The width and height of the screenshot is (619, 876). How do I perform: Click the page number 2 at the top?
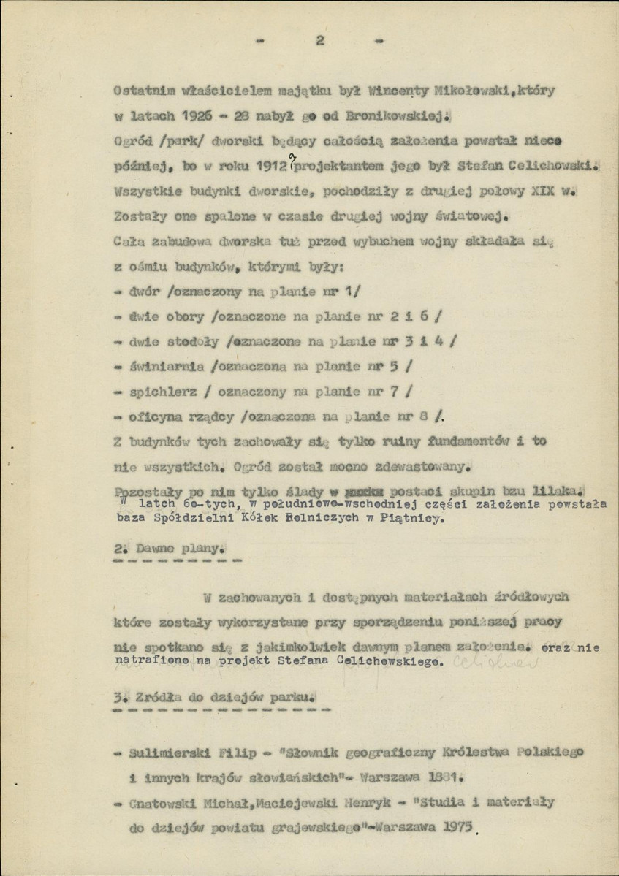pyautogui.click(x=319, y=40)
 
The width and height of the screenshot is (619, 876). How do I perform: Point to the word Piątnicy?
pyautogui.click(x=422, y=520)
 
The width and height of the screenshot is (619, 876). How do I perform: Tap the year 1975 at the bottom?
pyautogui.click(x=459, y=829)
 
